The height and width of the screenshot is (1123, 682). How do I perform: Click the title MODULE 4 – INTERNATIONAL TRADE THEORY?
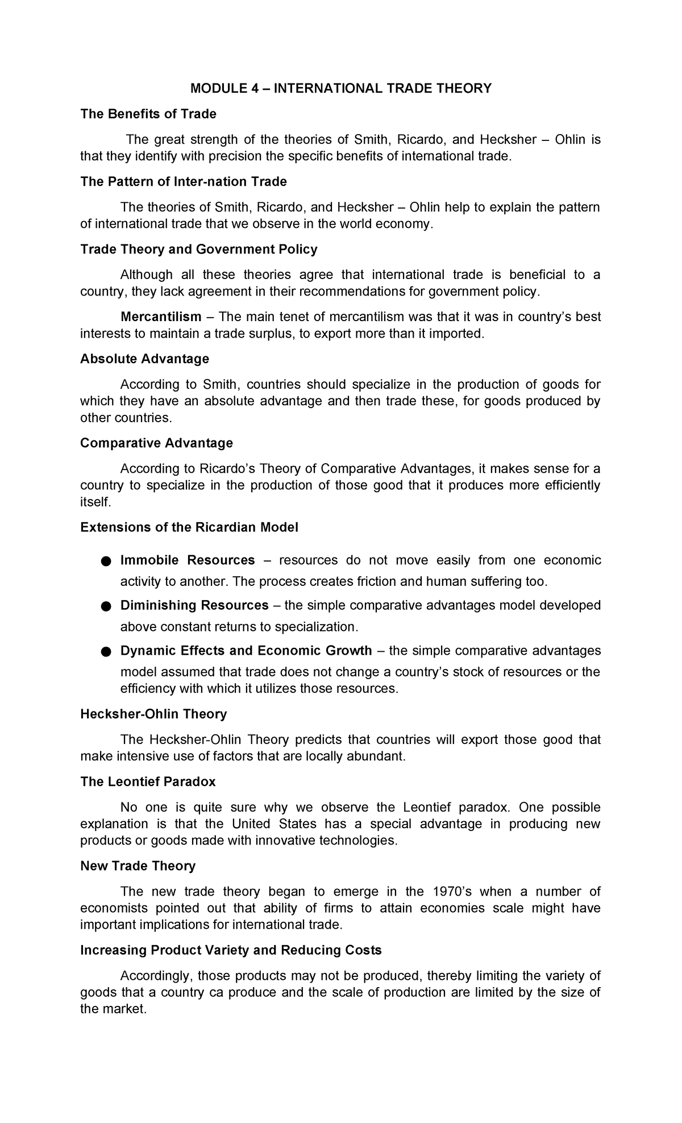pos(340,88)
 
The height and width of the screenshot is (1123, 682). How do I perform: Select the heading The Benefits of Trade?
pos(148,114)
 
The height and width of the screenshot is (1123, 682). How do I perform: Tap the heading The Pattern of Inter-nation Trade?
pos(184,181)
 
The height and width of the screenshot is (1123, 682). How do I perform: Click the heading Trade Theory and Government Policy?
pos(199,249)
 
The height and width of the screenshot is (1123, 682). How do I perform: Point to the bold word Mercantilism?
pos(161,317)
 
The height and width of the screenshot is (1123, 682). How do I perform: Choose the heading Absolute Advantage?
pos(144,359)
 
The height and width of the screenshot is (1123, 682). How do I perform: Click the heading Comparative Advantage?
pos(156,443)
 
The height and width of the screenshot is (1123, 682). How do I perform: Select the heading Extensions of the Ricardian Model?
pos(189,527)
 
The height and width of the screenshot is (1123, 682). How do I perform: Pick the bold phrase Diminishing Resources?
pos(194,605)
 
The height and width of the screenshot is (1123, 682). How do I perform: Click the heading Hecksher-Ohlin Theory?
pos(153,714)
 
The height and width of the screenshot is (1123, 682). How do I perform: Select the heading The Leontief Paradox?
pos(148,781)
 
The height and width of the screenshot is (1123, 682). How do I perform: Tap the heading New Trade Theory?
pos(138,866)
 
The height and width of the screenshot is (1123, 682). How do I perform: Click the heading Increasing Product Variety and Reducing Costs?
pos(231,950)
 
